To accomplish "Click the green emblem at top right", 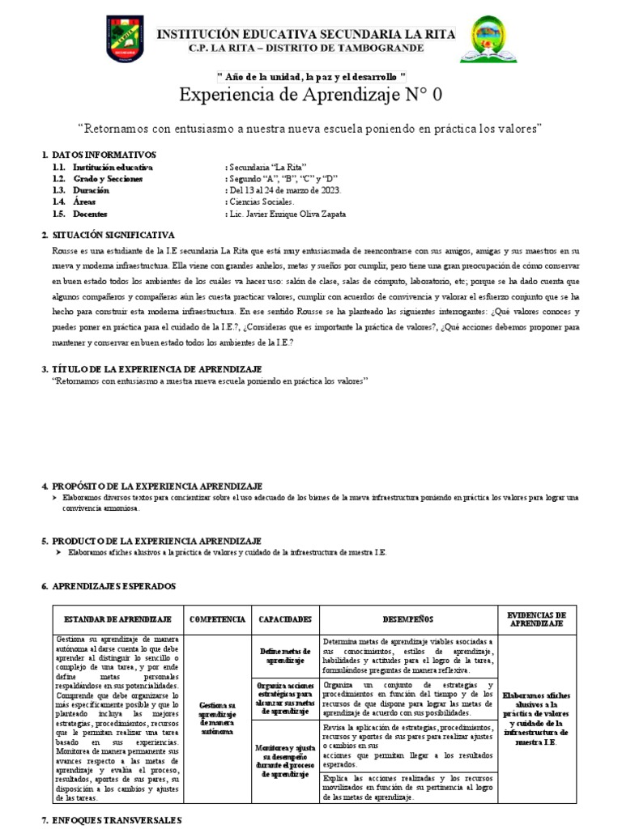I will tap(486, 40).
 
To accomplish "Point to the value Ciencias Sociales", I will tap(263, 202).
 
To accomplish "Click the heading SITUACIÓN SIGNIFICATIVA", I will tap(113, 234).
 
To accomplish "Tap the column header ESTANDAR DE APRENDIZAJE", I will tap(117, 619).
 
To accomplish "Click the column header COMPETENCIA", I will tap(217, 619).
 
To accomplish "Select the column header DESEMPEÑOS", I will tap(407, 619).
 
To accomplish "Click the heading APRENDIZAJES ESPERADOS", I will tap(113, 585).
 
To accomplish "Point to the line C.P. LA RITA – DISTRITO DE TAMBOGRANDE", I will tap(305, 49).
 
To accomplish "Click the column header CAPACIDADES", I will tap(285, 619).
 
